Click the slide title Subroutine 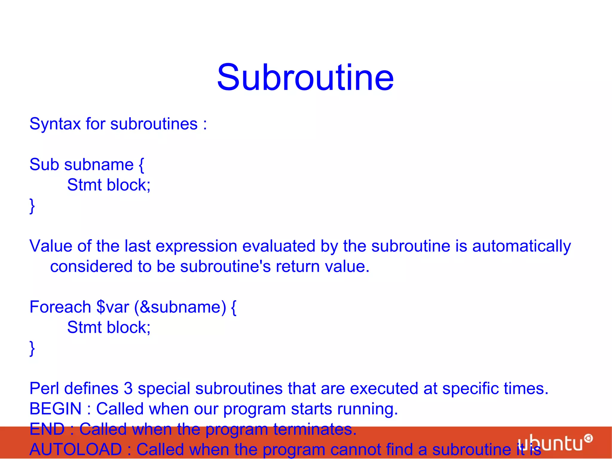[x=305, y=77]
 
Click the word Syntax [x=55, y=124]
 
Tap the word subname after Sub [x=99, y=164]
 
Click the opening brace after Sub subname [x=141, y=165]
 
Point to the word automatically [x=521, y=246]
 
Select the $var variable [x=113, y=307]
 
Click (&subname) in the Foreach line [x=180, y=307]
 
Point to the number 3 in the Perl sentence [x=128, y=388]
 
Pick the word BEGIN [x=55, y=409]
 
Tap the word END [x=47, y=429]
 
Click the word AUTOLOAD [x=76, y=449]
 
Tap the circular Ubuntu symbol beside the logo [x=588, y=438]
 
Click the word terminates [x=315, y=429]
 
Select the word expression [x=196, y=246]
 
